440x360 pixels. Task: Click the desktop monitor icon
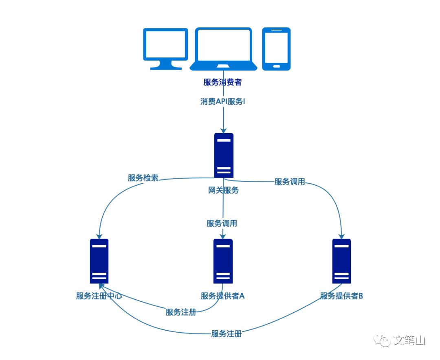[165, 48]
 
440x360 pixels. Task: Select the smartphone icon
[276, 48]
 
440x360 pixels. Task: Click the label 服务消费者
[222, 82]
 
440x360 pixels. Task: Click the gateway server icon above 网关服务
[224, 155]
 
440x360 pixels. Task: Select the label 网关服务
[223, 190]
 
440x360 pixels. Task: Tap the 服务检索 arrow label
[143, 178]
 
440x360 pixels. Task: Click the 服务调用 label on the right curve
[290, 182]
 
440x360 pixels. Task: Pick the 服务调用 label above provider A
[222, 223]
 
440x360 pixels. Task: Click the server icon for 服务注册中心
[99, 261]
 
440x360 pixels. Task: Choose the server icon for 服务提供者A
[223, 261]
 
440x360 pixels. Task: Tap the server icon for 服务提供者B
[341, 261]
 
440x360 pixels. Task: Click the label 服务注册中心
[99, 296]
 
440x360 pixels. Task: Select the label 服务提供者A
[222, 296]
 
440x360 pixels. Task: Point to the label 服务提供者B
[341, 296]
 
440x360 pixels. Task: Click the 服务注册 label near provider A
[180, 312]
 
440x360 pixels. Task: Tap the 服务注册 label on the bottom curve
[227, 334]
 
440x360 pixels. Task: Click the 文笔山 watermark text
[409, 340]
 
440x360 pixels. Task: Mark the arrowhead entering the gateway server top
[223, 130]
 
